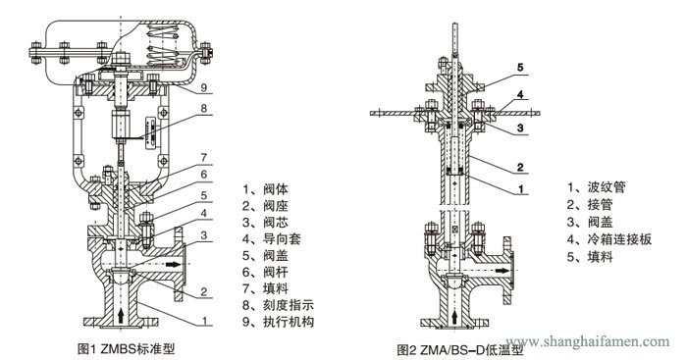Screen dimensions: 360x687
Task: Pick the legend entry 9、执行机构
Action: tap(279, 321)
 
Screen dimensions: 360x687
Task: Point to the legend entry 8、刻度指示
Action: tap(279, 304)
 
